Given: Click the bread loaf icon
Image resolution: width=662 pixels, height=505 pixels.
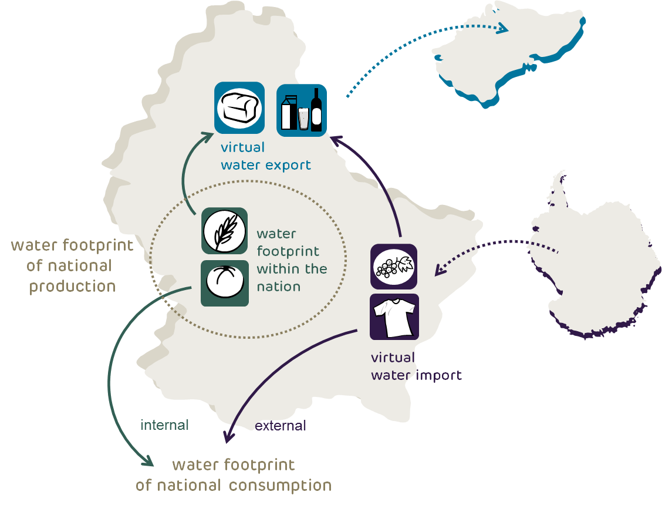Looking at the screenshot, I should coord(239,107).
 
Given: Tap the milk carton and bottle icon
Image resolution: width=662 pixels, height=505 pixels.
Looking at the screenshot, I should coord(302,110).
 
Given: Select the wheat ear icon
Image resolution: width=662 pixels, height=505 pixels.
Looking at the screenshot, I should coord(224,231).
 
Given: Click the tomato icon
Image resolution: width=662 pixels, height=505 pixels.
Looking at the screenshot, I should coord(224,283).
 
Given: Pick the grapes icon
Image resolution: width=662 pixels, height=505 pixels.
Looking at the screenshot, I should coord(394,267).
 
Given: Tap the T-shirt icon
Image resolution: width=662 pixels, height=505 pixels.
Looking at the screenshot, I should coord(394,317).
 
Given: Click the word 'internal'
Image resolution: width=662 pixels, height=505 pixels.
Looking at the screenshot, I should coord(164,425).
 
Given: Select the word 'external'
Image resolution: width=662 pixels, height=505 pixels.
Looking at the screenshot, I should coord(281,426).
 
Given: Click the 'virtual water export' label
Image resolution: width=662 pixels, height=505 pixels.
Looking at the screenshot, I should coord(265,156).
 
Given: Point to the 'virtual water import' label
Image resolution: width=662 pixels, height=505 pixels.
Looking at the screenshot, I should coord(416,366).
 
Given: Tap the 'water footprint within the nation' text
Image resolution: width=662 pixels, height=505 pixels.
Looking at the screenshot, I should coord(291,260).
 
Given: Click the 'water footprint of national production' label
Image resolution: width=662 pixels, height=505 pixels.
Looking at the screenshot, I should coord(72,265).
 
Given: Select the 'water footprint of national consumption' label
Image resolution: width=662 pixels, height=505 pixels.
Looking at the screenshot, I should coord(234,476).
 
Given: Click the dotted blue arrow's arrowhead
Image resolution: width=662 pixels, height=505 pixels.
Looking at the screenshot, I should coord(503,28).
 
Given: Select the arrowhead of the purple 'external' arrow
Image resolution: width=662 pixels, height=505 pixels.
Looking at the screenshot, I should coord(227,437).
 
